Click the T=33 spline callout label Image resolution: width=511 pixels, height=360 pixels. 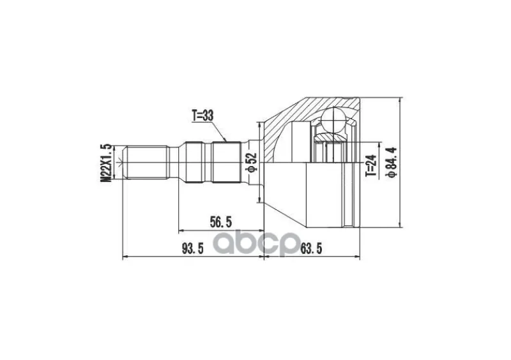[x=202, y=116]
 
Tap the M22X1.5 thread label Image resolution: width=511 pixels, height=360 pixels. [x=106, y=163]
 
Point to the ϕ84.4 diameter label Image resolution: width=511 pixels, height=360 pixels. [x=391, y=162]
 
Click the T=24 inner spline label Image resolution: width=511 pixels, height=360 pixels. [x=372, y=165]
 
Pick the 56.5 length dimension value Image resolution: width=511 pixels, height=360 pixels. [x=220, y=222]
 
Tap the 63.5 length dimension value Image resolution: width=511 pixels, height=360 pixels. [x=311, y=249]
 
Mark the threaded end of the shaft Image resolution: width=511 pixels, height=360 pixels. [x=147, y=163]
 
